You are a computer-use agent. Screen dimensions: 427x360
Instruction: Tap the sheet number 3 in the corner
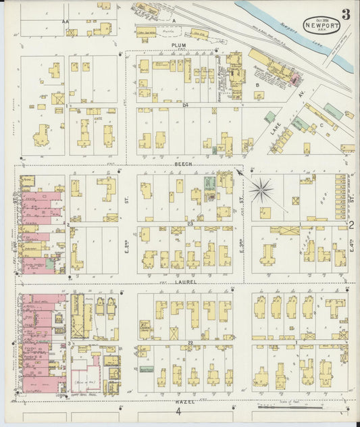[345, 14]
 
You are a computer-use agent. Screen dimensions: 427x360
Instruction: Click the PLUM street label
[178, 45]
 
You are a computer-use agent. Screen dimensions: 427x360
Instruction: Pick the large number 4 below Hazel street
[179, 411]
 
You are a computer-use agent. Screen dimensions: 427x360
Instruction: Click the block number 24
[183, 105]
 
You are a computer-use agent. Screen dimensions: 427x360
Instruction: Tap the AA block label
[66, 22]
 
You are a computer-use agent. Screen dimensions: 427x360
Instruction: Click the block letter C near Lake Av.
[322, 125]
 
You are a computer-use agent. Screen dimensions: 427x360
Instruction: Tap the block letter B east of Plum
[258, 85]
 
